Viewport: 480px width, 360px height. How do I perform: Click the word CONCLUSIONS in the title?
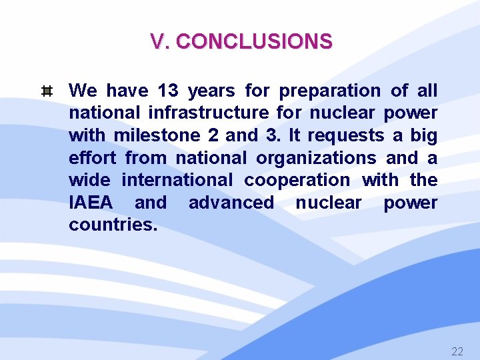(x=254, y=42)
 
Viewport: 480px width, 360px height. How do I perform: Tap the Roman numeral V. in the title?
(x=160, y=42)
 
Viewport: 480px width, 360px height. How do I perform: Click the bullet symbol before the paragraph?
(x=47, y=91)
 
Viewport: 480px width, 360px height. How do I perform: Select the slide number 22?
(x=457, y=351)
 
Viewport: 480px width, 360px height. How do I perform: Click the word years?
(x=211, y=90)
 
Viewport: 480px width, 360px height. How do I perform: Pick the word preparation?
(x=329, y=90)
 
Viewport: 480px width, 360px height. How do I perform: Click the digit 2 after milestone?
(x=213, y=135)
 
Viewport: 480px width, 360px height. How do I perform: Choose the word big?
(x=423, y=135)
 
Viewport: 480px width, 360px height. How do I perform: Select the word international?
(x=177, y=180)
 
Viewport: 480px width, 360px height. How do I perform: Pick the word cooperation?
(x=297, y=180)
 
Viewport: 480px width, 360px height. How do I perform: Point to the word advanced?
(x=231, y=203)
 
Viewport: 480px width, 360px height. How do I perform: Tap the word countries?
(x=113, y=225)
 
